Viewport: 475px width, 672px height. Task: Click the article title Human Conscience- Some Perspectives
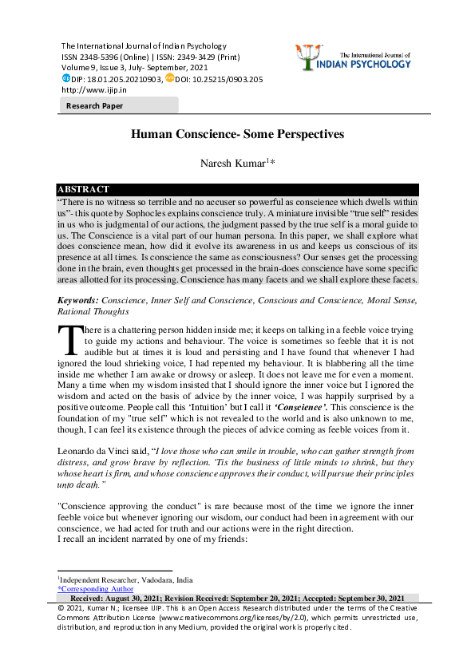(x=237, y=135)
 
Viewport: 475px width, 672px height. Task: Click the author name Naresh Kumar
(x=235, y=164)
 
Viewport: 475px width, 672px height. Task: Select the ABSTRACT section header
(x=83, y=189)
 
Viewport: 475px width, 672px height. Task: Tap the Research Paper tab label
(x=89, y=105)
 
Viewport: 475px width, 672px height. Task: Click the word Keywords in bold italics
(x=77, y=299)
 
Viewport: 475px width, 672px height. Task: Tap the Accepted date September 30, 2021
(x=369, y=598)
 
